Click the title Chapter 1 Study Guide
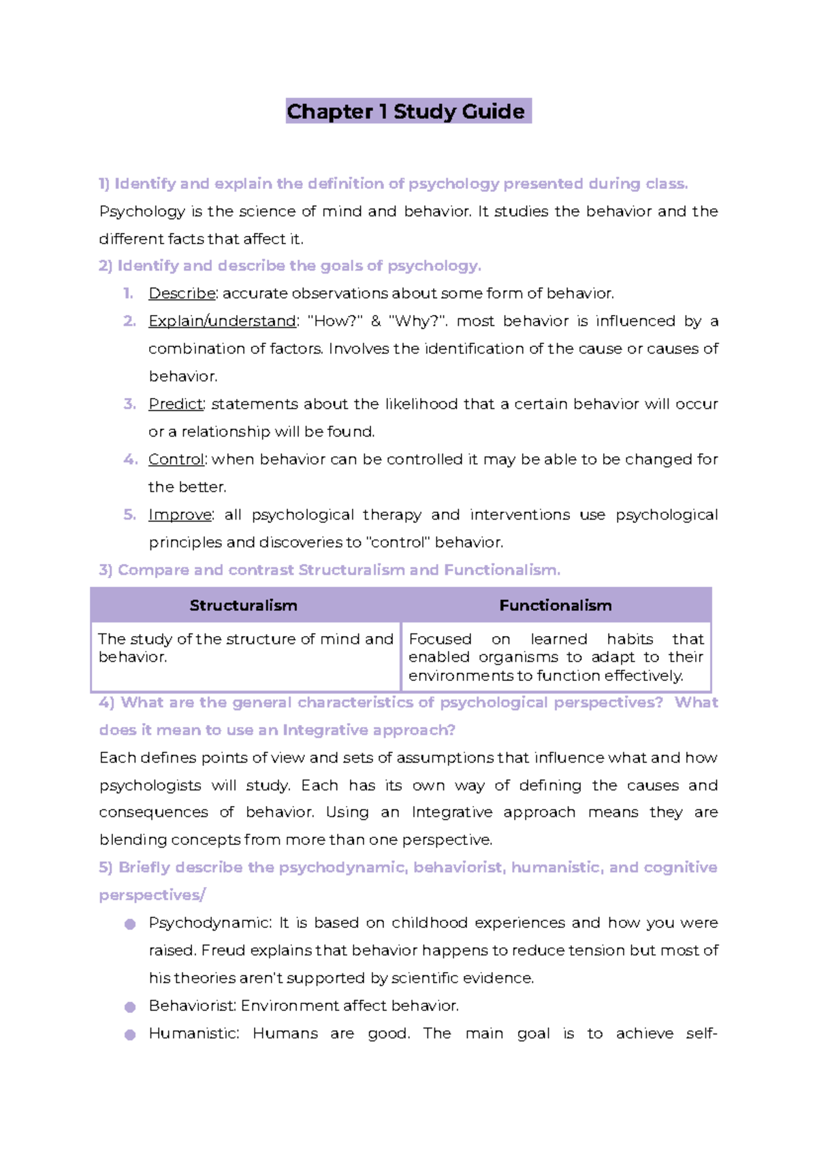point(407,111)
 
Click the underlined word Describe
point(182,293)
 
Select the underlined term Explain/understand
point(222,321)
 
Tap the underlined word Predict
point(176,404)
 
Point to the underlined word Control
point(176,459)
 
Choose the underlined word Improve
point(180,515)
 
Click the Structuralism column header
point(243,605)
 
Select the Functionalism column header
point(556,605)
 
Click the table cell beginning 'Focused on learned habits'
point(556,657)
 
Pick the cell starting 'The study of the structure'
point(245,648)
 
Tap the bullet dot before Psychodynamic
point(130,924)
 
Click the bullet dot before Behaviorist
point(130,1007)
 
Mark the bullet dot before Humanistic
point(130,1035)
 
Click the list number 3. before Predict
point(129,404)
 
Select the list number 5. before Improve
point(129,515)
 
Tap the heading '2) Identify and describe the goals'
point(289,265)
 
